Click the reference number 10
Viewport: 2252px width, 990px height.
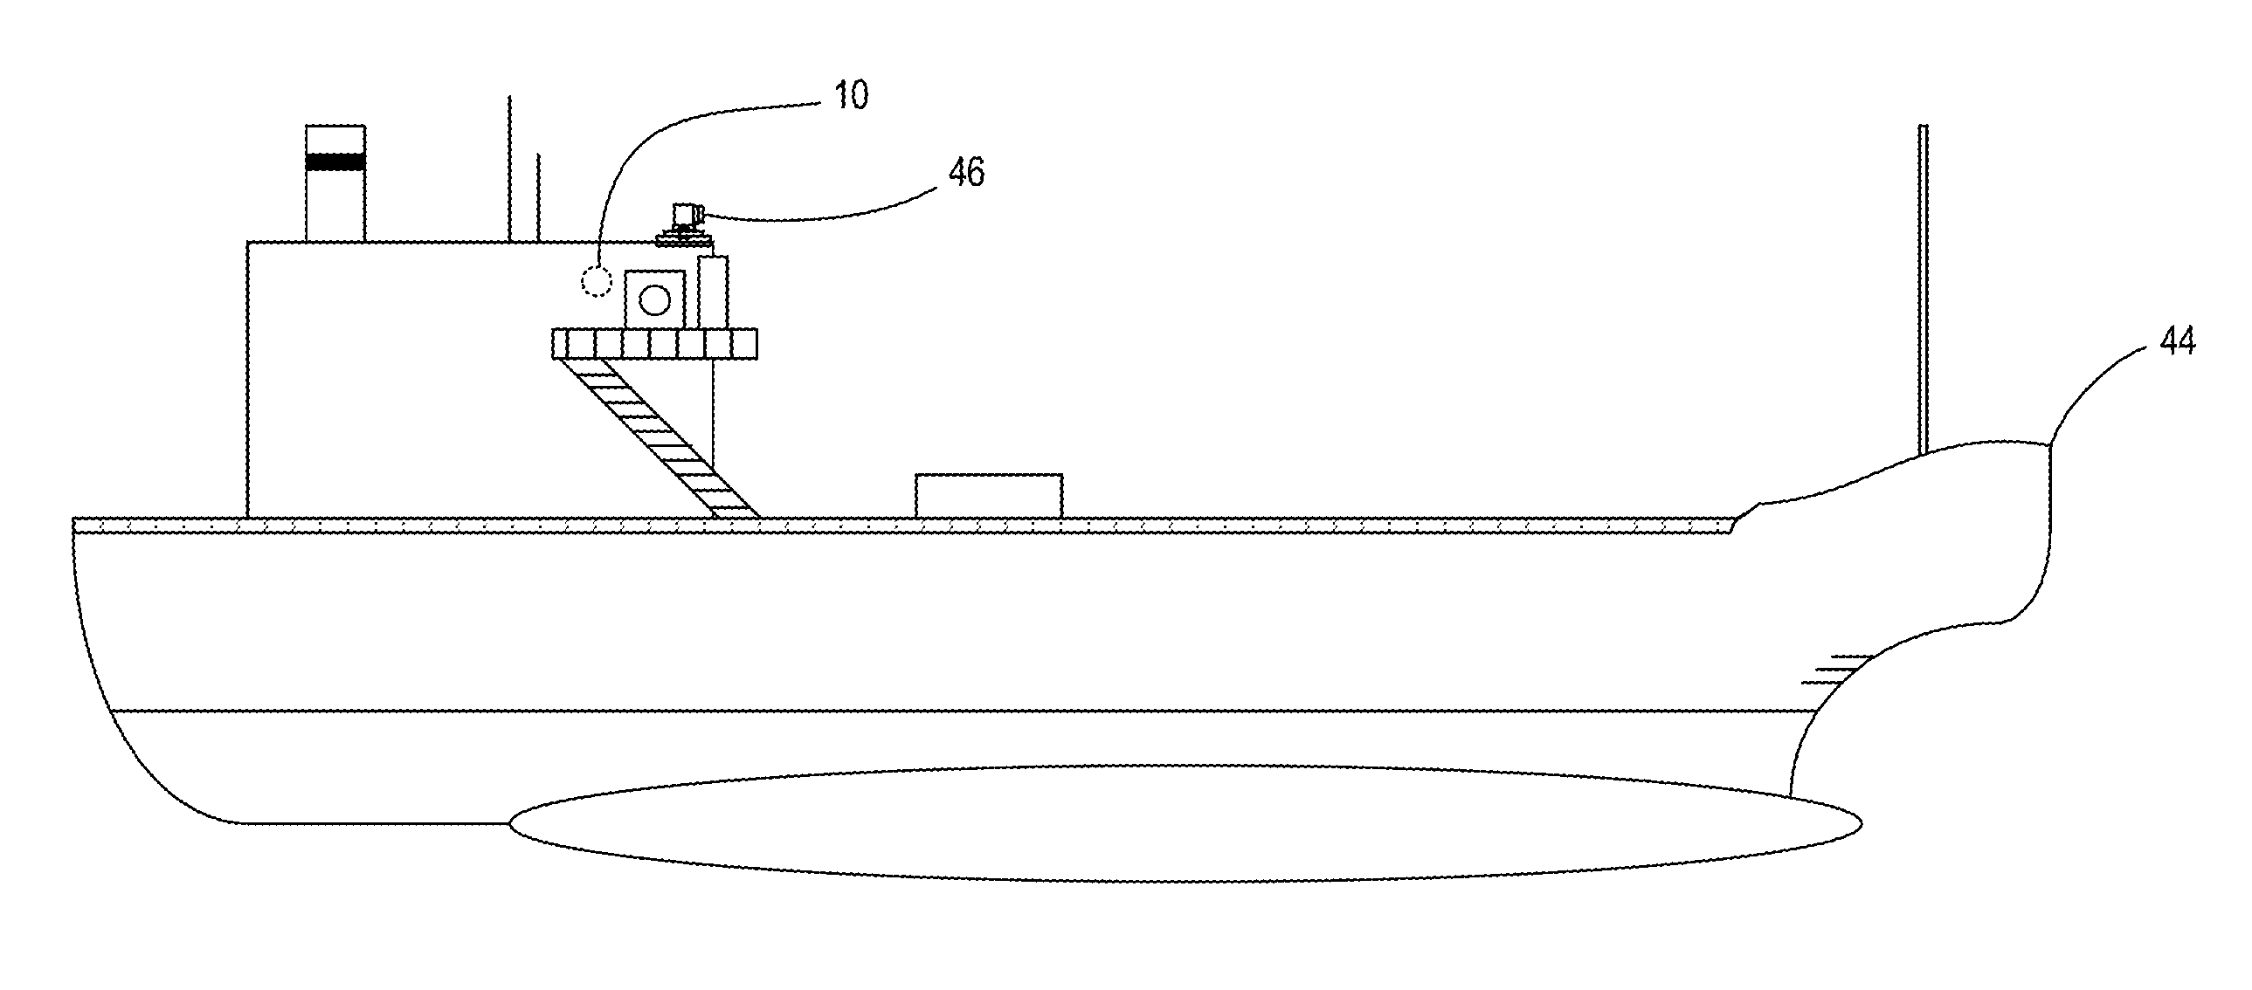coord(850,95)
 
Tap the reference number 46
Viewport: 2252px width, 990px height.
coord(966,173)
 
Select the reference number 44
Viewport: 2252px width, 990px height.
coord(2177,340)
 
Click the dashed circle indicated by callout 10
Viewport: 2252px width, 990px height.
coord(598,280)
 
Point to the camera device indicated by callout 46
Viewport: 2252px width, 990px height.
coord(687,215)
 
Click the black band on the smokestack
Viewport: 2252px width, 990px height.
coord(335,162)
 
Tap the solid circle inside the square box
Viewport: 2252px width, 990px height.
coord(654,300)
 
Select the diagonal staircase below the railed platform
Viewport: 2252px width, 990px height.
coord(660,437)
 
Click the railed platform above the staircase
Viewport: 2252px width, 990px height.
coord(654,343)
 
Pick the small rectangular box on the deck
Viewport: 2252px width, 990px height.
coord(989,496)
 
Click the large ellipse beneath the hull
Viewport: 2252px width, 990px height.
coord(1185,823)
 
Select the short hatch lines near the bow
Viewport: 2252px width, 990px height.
coord(1836,669)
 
